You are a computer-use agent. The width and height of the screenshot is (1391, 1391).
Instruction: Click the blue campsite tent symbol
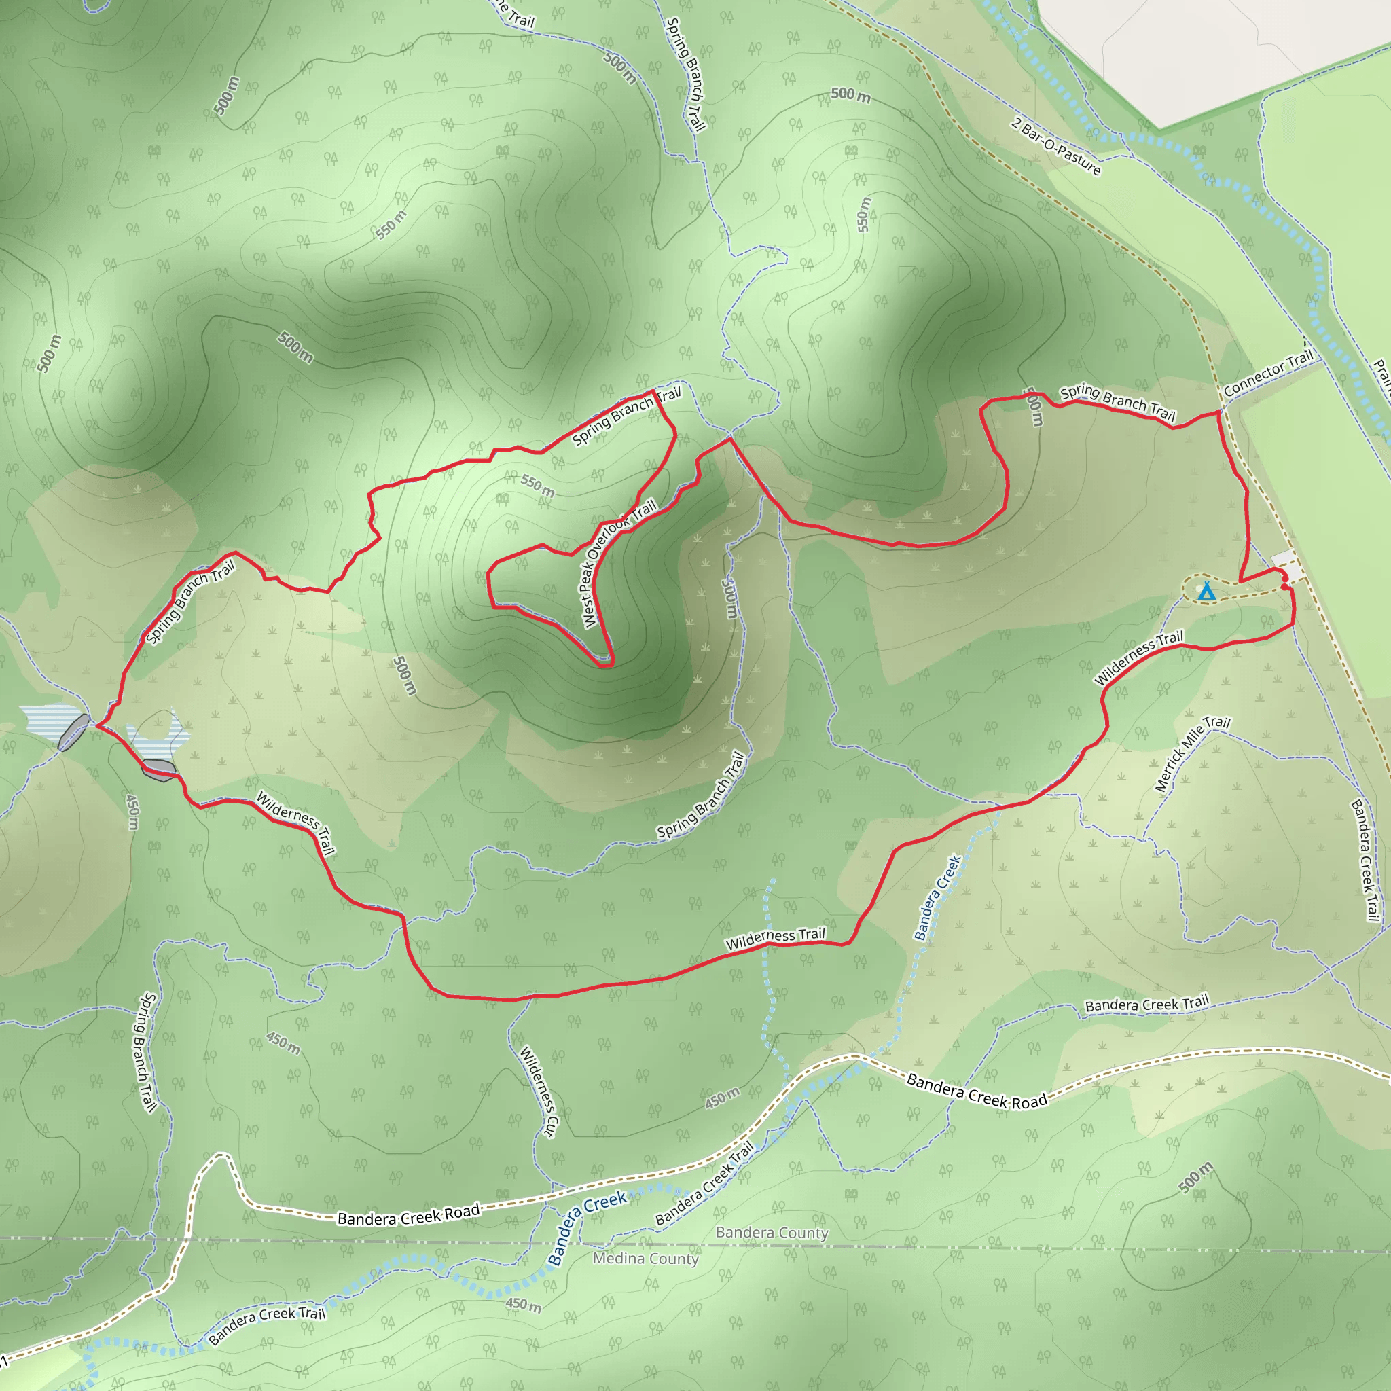coord(1207,592)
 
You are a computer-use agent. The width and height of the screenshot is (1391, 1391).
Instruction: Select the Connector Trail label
coord(1268,373)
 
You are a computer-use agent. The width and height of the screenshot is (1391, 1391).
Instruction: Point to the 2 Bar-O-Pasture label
coord(1055,146)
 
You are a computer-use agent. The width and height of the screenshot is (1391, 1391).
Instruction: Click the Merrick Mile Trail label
coord(1192,754)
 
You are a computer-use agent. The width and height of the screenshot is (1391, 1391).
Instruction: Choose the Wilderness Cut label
coord(538,1092)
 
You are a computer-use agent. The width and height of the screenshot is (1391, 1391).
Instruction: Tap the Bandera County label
coord(772,1233)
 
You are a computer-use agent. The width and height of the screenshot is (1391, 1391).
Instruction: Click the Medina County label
coord(645,1259)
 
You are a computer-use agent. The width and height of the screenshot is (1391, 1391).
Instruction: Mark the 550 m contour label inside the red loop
coord(537,486)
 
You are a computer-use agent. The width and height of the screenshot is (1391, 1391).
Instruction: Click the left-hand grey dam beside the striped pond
coord(73,732)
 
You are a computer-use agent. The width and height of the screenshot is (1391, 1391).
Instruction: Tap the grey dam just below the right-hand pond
coord(158,770)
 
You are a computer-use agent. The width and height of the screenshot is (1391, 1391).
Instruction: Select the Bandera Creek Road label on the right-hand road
coord(976,1091)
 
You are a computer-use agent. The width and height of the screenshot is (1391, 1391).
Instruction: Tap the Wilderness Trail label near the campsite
coord(1138,657)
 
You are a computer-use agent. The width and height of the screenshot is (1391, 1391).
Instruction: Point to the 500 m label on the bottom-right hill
coord(1196,1177)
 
